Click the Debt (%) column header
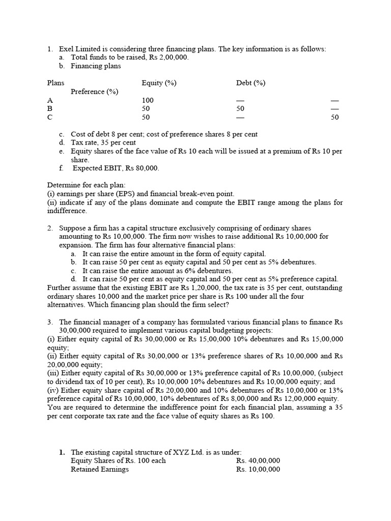pyautogui.click(x=250, y=83)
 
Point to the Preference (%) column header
pyautogui.click(x=94, y=92)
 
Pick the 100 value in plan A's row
pyautogui.click(x=148, y=100)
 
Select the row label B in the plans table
pyautogui.click(x=50, y=109)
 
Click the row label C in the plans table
pyautogui.click(x=50, y=117)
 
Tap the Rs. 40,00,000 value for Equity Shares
pyautogui.click(x=258, y=460)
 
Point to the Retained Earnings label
pyautogui.click(x=100, y=469)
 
